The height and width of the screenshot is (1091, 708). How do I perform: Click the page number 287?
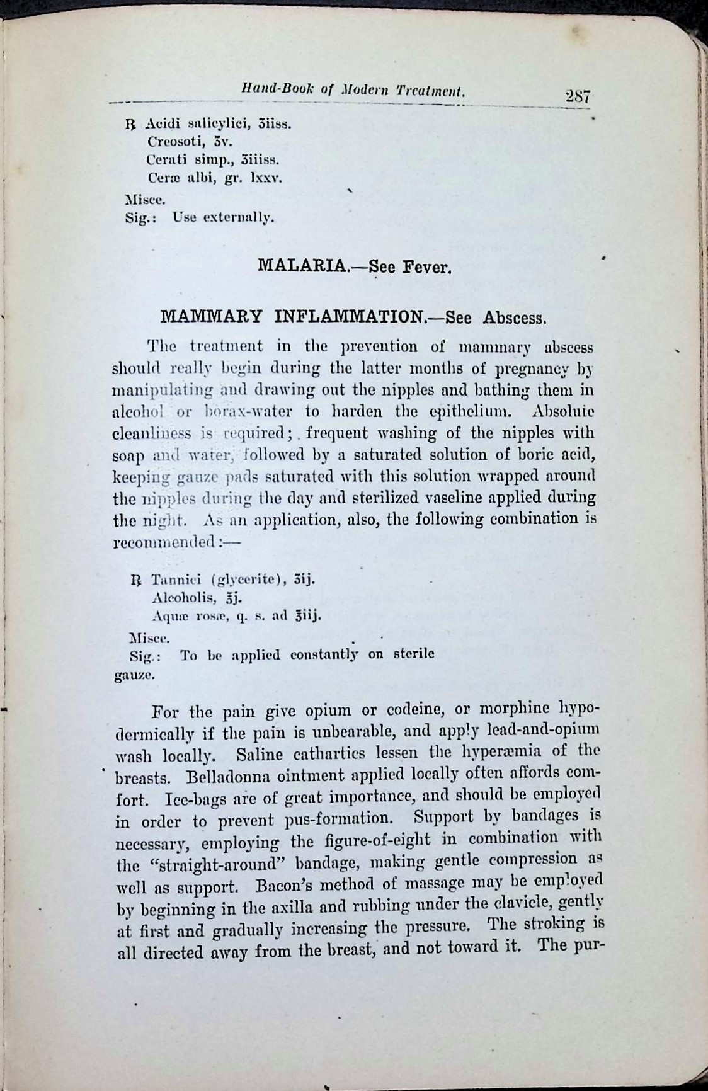(577, 98)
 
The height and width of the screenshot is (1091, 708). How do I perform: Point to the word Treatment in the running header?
(431, 92)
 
